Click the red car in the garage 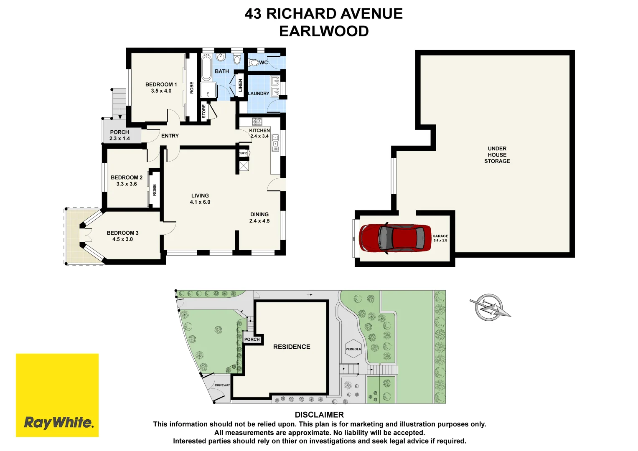pos(395,238)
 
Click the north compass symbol pos(489,307)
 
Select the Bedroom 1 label pos(161,88)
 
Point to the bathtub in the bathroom pos(206,68)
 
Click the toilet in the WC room pos(253,63)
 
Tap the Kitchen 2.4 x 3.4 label pos(259,133)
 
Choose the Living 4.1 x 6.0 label pos(200,199)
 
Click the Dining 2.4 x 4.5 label pos(259,218)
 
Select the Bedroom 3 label pos(122,236)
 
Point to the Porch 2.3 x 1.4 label pos(119,135)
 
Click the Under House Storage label pos(497,155)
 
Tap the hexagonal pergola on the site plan pos(353,349)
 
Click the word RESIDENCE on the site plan pos(292,347)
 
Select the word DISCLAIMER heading pos(319,415)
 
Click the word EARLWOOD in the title pos(324,31)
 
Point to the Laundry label pos(259,94)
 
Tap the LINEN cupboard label pos(240,86)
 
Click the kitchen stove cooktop pos(257,122)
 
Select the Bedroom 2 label pos(127,180)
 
